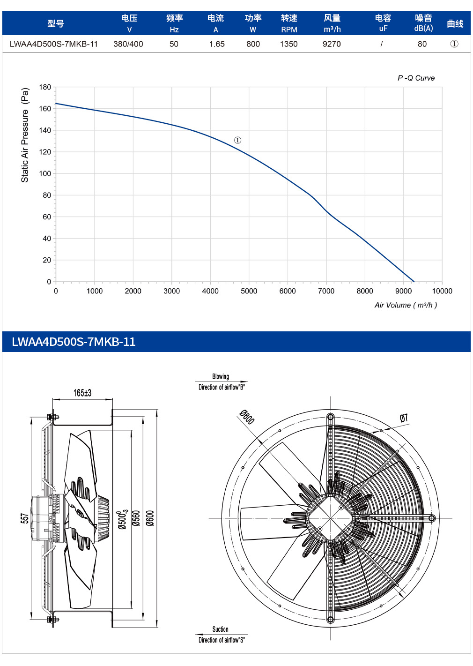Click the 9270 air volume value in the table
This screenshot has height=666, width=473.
pos(332,44)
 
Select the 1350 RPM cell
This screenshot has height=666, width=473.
pos(288,44)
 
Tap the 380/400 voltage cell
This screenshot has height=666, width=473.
pos(128,44)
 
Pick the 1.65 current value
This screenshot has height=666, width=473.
pos(216,44)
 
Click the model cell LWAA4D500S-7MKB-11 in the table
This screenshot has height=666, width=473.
pos(54,44)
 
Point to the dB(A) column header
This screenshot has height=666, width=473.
pos(423,28)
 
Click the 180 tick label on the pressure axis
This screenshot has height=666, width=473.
pos(45,87)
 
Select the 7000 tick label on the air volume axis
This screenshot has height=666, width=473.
pos(326,291)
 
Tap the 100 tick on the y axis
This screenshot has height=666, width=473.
pos(45,173)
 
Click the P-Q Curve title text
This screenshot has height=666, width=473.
pos(416,78)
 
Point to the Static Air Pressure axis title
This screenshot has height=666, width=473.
pos(25,135)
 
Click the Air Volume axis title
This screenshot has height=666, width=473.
pos(406,305)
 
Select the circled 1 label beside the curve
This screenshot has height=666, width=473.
pos(237,140)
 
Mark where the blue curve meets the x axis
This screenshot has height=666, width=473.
pos(414,282)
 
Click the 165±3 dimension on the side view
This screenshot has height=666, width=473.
pos(82,393)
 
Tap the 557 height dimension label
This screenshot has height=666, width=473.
pos(25,518)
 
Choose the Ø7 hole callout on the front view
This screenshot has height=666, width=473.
pos(404,418)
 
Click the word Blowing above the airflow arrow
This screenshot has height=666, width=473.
pos(221,376)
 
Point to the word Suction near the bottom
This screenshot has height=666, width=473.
pos(220,629)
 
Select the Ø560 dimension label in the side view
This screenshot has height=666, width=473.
pos(136,518)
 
